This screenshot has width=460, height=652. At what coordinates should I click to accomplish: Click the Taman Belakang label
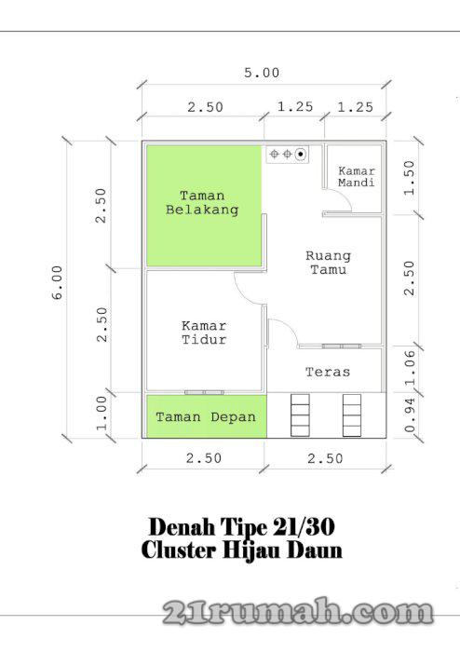pyautogui.click(x=202, y=203)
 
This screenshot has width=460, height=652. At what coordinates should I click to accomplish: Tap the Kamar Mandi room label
pyautogui.click(x=356, y=177)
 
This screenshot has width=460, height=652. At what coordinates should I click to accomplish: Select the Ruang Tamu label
pyautogui.click(x=328, y=263)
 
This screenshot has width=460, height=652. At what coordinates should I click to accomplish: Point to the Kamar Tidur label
pyautogui.click(x=204, y=333)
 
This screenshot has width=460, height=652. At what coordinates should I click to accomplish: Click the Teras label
pyautogui.click(x=328, y=373)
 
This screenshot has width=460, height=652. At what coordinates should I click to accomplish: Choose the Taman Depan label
pyautogui.click(x=205, y=417)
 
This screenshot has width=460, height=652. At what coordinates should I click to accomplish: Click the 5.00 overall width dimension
pyautogui.click(x=262, y=73)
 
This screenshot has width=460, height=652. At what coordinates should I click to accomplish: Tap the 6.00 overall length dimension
pyautogui.click(x=58, y=281)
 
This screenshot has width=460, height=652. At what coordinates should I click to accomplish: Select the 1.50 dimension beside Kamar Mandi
pyautogui.click(x=410, y=177)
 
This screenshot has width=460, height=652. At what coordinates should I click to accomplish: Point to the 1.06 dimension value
pyautogui.click(x=410, y=369)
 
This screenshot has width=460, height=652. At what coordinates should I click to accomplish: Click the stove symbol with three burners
pyautogui.click(x=288, y=154)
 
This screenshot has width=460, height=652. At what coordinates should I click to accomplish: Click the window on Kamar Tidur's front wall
pyautogui.click(x=204, y=392)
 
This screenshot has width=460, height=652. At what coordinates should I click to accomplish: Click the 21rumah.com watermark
pyautogui.click(x=299, y=612)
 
